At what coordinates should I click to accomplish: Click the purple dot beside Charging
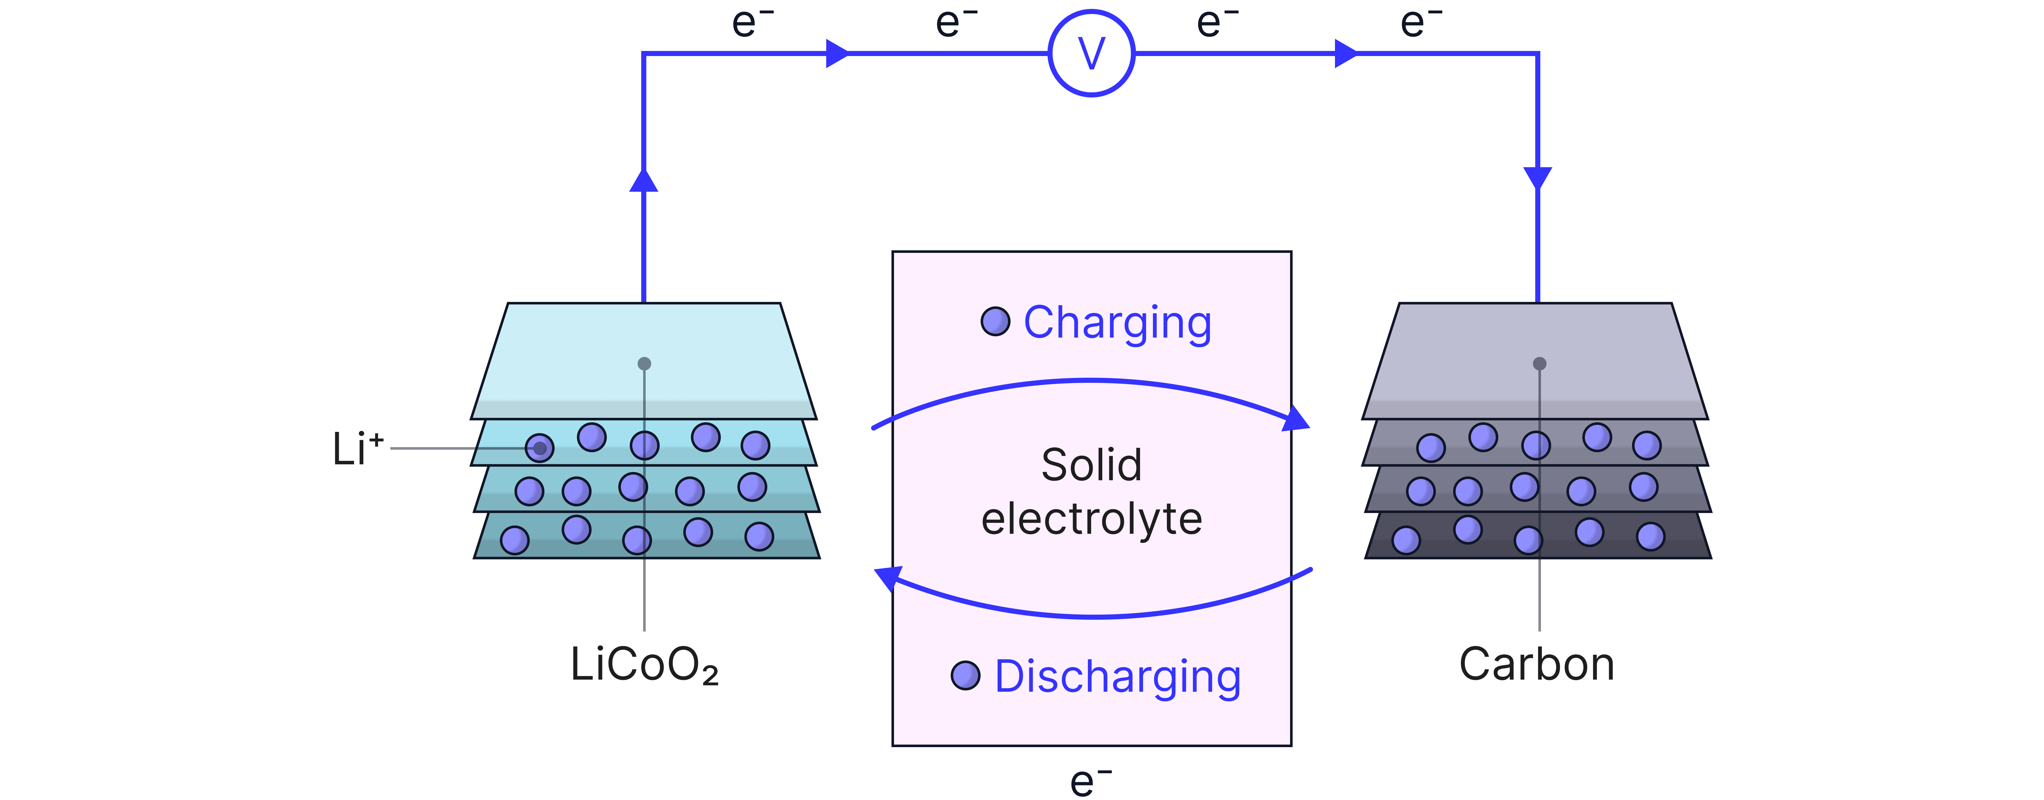pos(995,321)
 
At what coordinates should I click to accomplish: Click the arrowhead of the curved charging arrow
pos(1296,418)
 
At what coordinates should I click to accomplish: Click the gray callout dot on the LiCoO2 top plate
pos(644,363)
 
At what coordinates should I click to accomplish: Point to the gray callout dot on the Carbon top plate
pos(1539,363)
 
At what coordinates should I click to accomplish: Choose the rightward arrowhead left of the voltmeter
pos(837,53)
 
